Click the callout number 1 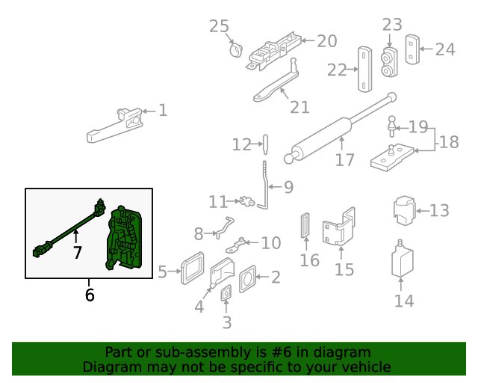click(x=163, y=111)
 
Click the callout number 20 click(x=326, y=41)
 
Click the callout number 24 click(x=444, y=49)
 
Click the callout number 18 click(x=448, y=141)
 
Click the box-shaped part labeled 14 click(x=403, y=261)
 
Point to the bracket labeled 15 click(x=338, y=228)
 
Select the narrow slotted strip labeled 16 click(x=304, y=227)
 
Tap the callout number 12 click(x=241, y=144)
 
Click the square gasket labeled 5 click(x=193, y=269)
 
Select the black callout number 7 click(x=77, y=252)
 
